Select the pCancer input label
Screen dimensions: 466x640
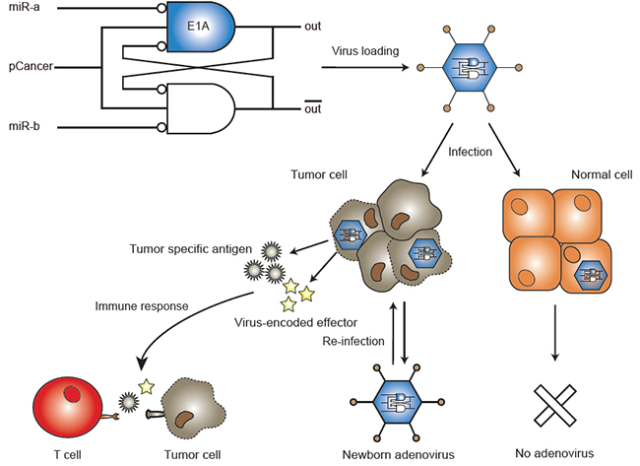[29, 67]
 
